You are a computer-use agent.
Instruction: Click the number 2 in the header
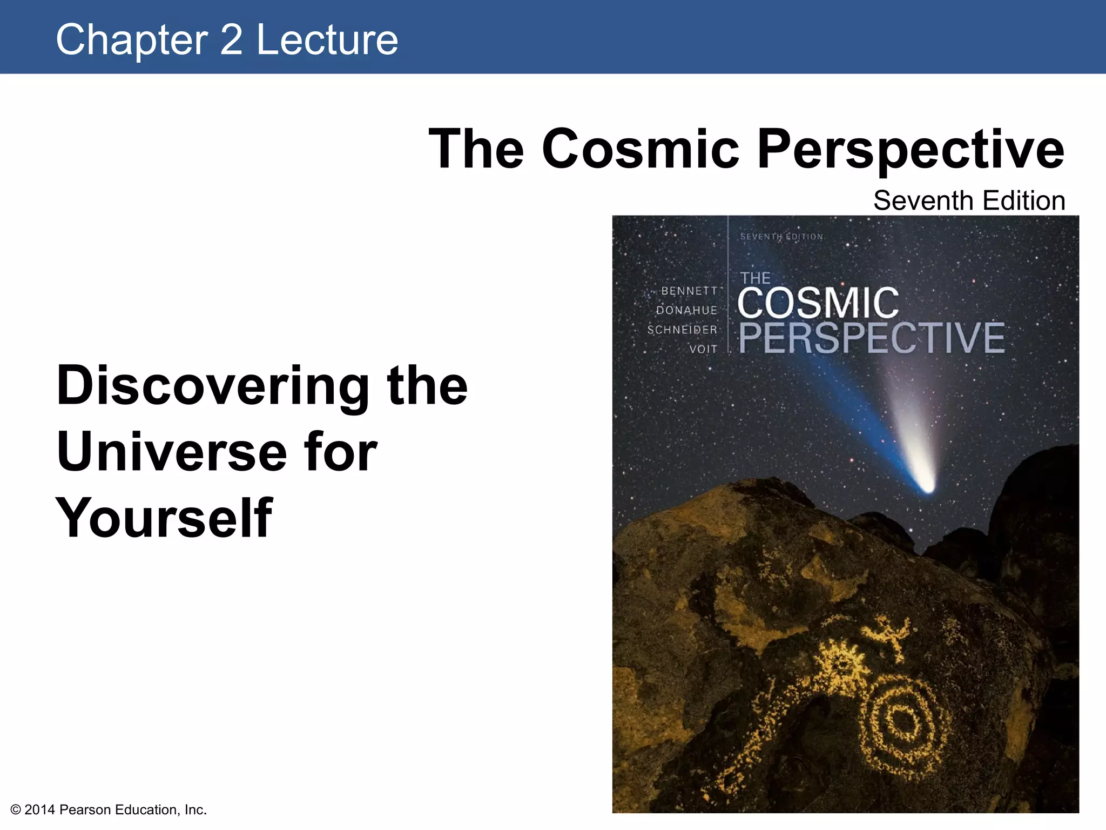click(x=231, y=40)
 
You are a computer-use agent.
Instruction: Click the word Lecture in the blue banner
click(x=327, y=40)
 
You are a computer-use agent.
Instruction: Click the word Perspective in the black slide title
click(x=911, y=150)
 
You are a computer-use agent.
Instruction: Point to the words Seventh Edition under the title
click(x=969, y=201)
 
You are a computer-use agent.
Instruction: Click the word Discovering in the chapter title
click(x=213, y=386)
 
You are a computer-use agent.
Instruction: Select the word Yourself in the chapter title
click(x=164, y=518)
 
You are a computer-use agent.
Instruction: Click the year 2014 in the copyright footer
click(x=40, y=809)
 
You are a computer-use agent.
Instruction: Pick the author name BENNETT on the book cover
click(x=689, y=291)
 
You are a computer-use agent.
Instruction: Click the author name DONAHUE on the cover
click(x=686, y=311)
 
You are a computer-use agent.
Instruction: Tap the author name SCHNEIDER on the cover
click(x=682, y=330)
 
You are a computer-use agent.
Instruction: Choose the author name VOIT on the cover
click(x=703, y=350)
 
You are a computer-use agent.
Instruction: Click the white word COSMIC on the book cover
click(x=818, y=304)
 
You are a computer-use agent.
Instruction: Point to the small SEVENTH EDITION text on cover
click(x=781, y=237)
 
